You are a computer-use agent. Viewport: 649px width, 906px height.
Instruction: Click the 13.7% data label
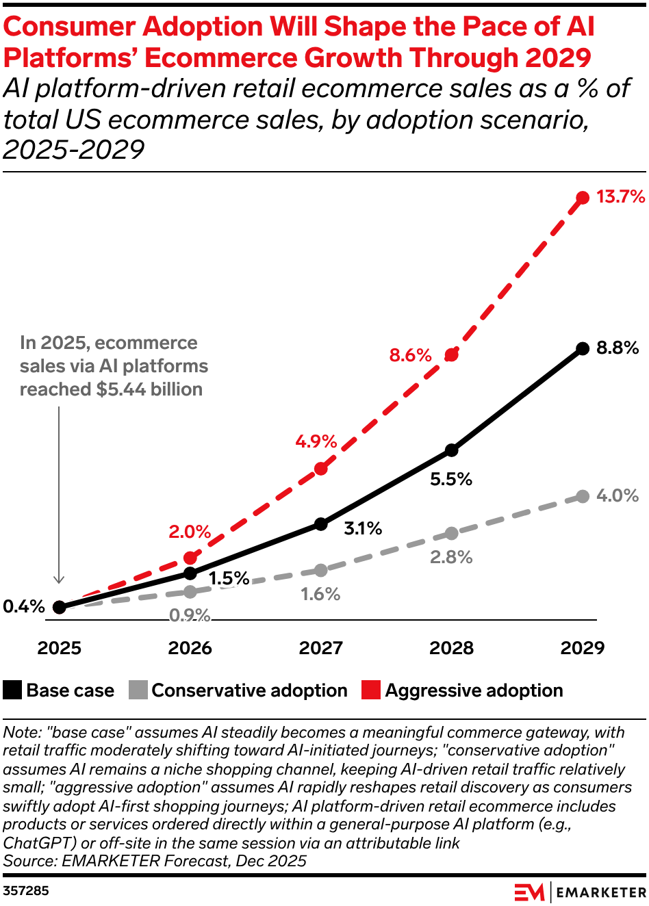(x=620, y=197)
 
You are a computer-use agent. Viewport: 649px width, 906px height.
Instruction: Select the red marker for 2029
(x=583, y=198)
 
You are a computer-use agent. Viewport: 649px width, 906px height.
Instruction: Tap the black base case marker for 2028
(x=451, y=450)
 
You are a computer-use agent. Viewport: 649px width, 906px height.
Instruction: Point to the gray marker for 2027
(x=321, y=570)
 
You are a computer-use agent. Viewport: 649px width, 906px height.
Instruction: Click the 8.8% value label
(x=618, y=348)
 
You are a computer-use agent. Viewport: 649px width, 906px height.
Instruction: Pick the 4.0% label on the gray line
(x=618, y=495)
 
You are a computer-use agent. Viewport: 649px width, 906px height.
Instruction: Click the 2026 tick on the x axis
(x=190, y=648)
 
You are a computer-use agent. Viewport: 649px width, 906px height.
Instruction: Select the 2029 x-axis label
(x=582, y=648)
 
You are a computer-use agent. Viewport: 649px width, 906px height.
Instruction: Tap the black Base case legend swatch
(x=12, y=690)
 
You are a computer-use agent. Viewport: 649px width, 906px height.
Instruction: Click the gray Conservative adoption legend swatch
(x=138, y=690)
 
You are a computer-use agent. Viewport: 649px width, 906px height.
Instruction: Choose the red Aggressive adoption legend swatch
(x=371, y=690)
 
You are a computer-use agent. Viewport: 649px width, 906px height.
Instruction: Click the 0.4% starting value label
(x=24, y=606)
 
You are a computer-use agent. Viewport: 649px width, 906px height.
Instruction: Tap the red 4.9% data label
(x=316, y=441)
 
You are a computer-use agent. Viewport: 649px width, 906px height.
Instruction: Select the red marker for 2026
(x=190, y=558)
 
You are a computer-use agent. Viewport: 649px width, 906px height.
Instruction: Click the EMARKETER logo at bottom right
(x=580, y=892)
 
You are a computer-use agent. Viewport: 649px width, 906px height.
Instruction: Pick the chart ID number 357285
(x=26, y=890)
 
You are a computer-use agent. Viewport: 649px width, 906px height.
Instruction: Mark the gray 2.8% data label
(x=451, y=557)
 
